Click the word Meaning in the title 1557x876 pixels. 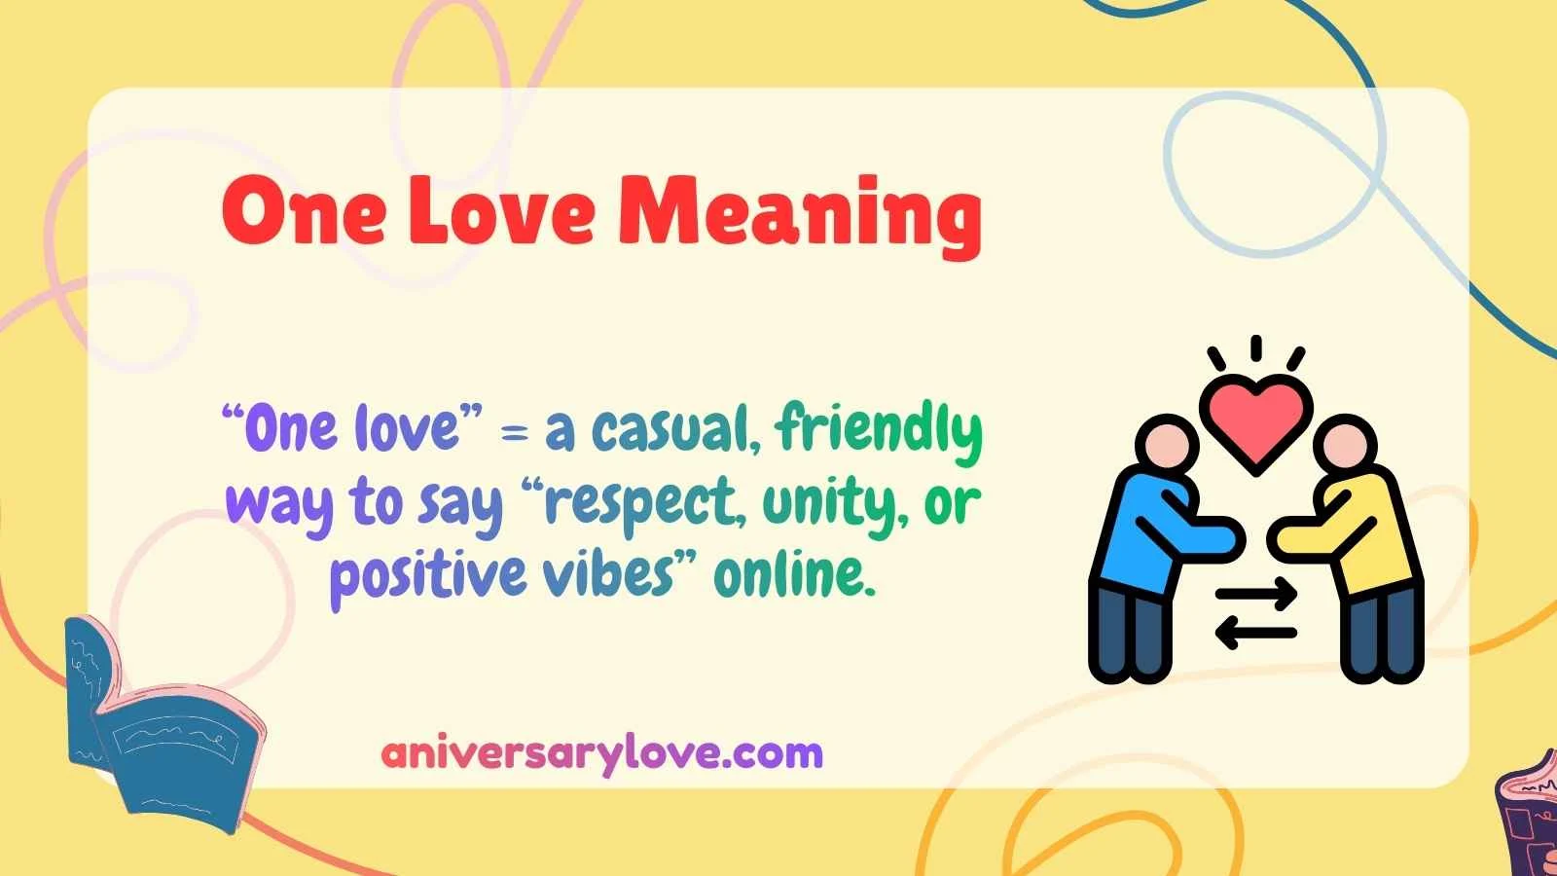coord(799,213)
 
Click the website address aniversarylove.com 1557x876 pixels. coord(602,752)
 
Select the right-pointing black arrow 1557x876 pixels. coord(1256,593)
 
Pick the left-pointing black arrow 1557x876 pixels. coord(1256,633)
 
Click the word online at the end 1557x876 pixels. coord(789,574)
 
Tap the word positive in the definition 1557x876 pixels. coord(427,576)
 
